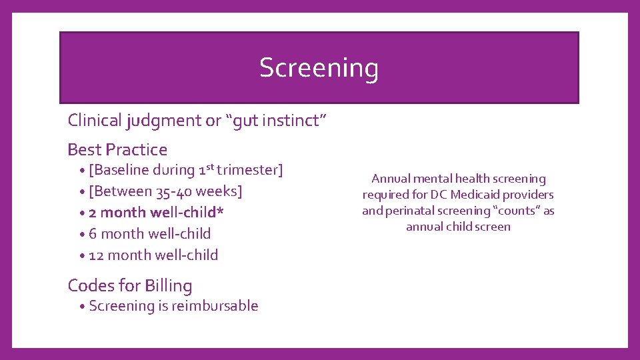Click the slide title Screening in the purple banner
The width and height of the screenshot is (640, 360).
tap(319, 68)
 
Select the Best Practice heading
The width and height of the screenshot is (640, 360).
tap(117, 149)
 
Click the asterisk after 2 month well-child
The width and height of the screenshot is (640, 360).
tap(220, 211)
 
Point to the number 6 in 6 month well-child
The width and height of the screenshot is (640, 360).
tap(93, 234)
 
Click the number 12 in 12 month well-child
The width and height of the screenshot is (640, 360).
tap(96, 255)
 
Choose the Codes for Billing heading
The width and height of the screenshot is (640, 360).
tap(130, 285)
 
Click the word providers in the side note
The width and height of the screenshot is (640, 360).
tap(531, 195)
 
